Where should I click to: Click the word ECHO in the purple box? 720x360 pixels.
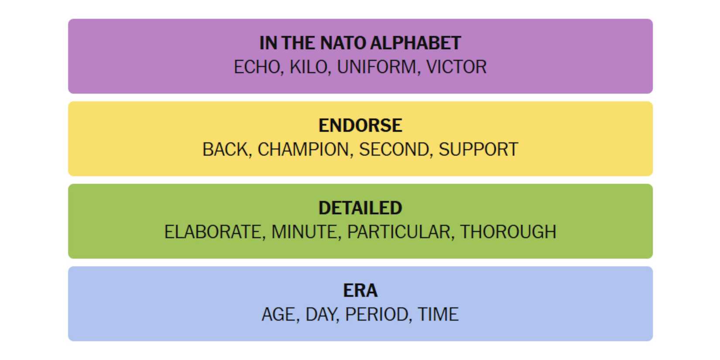[257, 67]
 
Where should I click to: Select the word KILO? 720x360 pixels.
[309, 67]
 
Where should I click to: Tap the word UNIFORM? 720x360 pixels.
[377, 67]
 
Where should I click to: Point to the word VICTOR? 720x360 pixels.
[456, 67]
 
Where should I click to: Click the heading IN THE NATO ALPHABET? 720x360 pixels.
[360, 43]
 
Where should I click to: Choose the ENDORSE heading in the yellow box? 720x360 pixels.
[360, 125]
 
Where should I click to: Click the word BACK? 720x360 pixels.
[225, 150]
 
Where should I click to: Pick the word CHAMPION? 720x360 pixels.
[303, 150]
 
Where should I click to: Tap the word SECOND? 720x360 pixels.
[394, 150]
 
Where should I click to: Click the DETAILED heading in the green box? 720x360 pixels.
[360, 208]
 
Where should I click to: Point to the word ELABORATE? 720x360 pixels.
[213, 232]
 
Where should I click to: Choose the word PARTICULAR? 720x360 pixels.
[398, 232]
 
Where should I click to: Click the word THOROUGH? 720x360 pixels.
[508, 232]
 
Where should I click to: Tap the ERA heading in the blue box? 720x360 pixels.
[360, 291]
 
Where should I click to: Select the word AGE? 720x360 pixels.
[278, 314]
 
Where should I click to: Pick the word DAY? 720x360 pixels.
[320, 314]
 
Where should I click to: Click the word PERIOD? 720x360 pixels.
[377, 314]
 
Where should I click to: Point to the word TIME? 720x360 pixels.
[438, 314]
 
